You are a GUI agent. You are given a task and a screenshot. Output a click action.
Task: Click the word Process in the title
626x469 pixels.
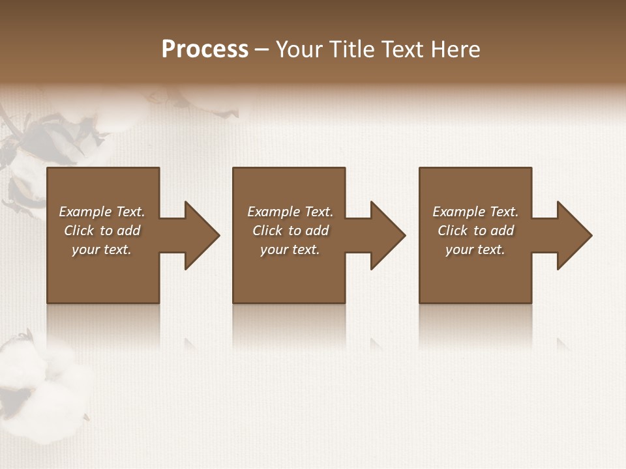pyautogui.click(x=205, y=50)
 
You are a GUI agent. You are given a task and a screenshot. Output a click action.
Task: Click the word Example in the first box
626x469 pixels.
pyautogui.click(x=85, y=212)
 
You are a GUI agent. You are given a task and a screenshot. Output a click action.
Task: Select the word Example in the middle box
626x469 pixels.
pyautogui.click(x=273, y=212)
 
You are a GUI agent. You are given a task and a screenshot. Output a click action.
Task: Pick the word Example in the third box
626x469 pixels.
pyautogui.click(x=458, y=212)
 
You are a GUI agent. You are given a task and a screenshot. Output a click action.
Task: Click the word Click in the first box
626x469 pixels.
pyautogui.click(x=79, y=231)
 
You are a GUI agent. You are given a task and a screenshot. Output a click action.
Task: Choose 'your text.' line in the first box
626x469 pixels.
pyautogui.click(x=102, y=249)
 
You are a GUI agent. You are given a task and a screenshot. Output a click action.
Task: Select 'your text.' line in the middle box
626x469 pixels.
pyautogui.click(x=290, y=249)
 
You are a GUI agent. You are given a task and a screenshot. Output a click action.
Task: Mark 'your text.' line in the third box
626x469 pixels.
pyautogui.click(x=475, y=249)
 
